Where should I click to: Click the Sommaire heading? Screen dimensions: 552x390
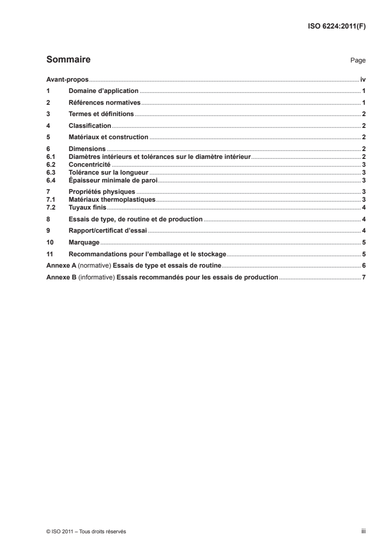[68, 60]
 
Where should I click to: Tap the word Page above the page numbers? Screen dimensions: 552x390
[358, 61]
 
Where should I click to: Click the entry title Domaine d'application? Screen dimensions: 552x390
[104, 91]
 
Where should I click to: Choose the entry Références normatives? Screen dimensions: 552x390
[105, 103]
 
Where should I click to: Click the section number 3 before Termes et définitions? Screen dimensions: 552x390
[48, 114]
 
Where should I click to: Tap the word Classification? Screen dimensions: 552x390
[90, 126]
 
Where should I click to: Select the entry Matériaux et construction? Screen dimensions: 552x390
[108, 137]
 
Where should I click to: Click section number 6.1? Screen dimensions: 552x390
[50, 156]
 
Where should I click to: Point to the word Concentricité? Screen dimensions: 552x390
[90, 164]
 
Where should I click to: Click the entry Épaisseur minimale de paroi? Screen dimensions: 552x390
[113, 180]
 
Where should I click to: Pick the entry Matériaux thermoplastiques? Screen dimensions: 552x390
[112, 199]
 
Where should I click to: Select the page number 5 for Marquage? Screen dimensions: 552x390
[363, 243]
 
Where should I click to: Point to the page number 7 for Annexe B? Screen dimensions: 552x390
[363, 277]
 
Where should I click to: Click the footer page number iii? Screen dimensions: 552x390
[362, 532]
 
